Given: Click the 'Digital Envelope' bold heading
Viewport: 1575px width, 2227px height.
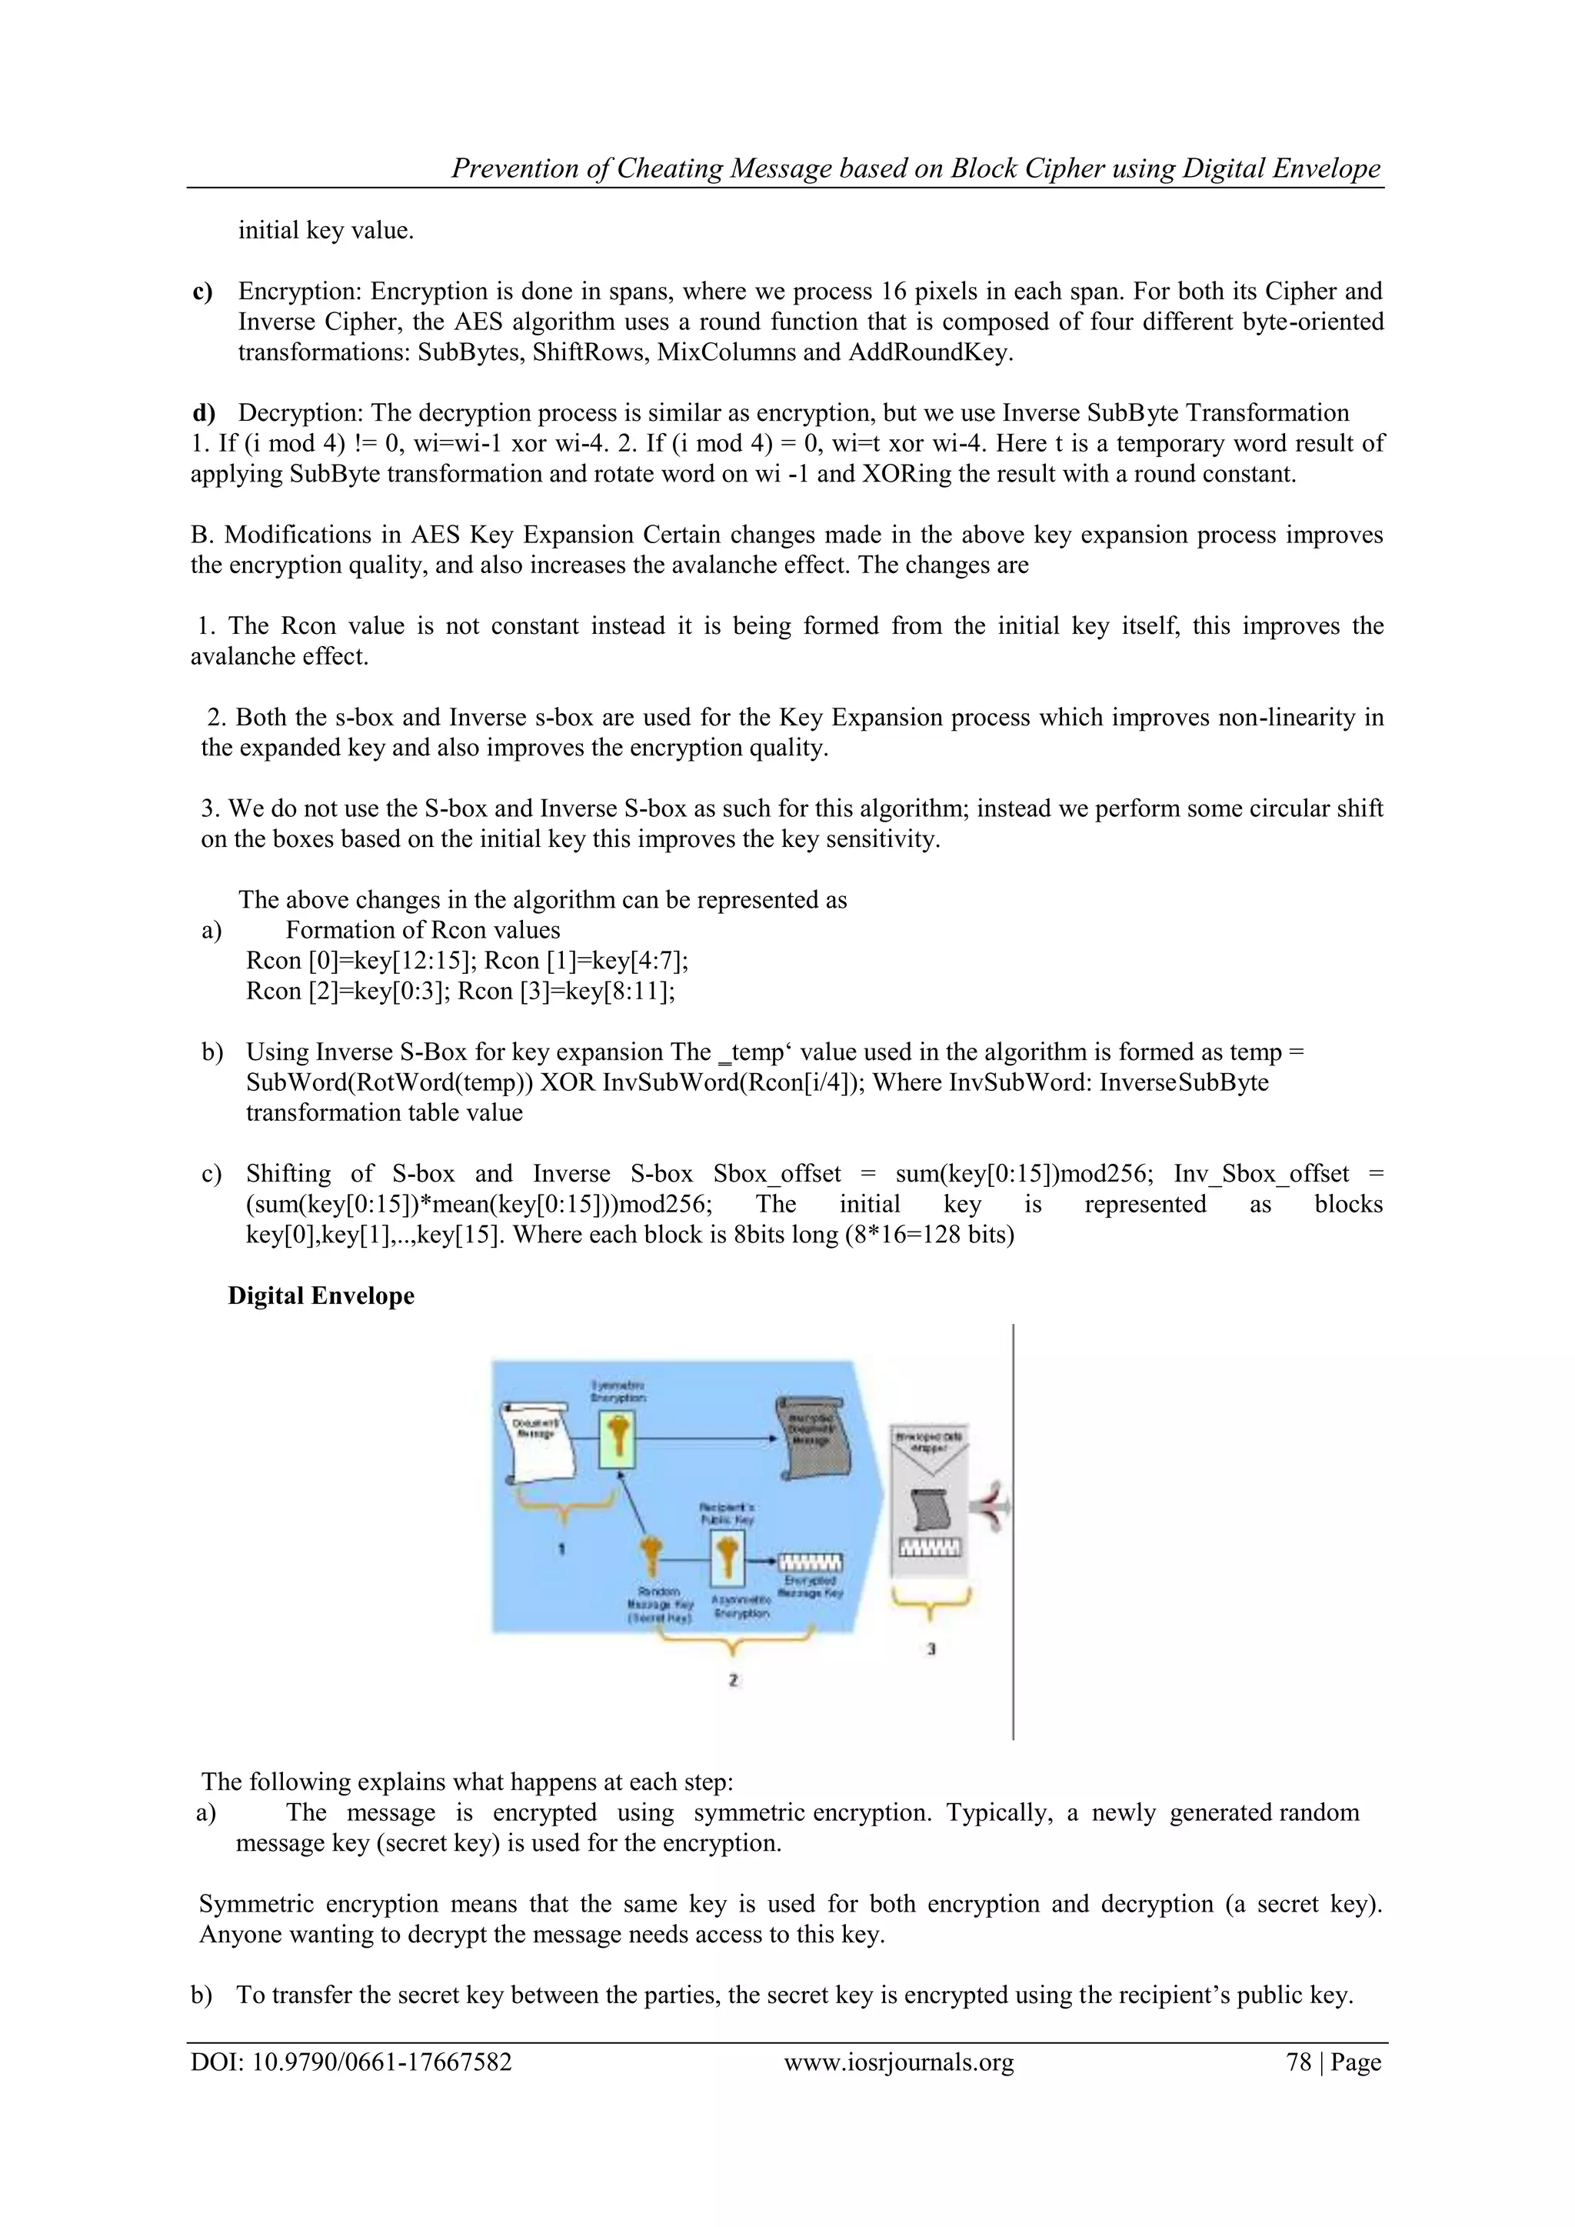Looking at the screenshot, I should tap(321, 1296).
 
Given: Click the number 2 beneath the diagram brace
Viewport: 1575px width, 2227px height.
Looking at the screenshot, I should tap(733, 1680).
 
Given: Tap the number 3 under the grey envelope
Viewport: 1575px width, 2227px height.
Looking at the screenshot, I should tap(931, 1648).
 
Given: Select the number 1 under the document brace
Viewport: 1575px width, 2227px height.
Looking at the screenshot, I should tap(561, 1549).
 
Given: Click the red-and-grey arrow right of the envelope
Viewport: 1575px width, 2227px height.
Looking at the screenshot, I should tap(995, 1509).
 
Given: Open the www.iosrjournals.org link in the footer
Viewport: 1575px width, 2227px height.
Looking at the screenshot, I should tap(898, 2063).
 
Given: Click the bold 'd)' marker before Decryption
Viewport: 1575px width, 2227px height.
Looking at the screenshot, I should tap(204, 413).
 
